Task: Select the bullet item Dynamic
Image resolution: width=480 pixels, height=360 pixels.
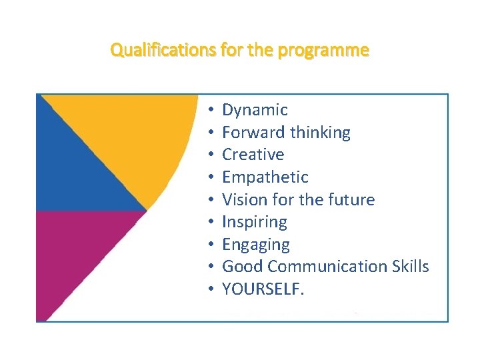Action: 255,110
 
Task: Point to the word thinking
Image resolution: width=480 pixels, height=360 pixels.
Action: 320,132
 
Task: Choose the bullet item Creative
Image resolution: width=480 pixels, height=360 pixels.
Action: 253,155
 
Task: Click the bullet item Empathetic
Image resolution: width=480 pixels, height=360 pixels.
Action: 265,177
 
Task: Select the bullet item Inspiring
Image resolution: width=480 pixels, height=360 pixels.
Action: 254,222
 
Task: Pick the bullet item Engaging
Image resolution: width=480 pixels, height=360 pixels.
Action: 255,245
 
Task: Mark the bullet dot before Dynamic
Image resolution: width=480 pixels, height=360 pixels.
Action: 209,110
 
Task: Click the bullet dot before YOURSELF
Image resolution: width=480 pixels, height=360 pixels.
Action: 209,289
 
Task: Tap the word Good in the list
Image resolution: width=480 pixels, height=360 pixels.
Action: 240,267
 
